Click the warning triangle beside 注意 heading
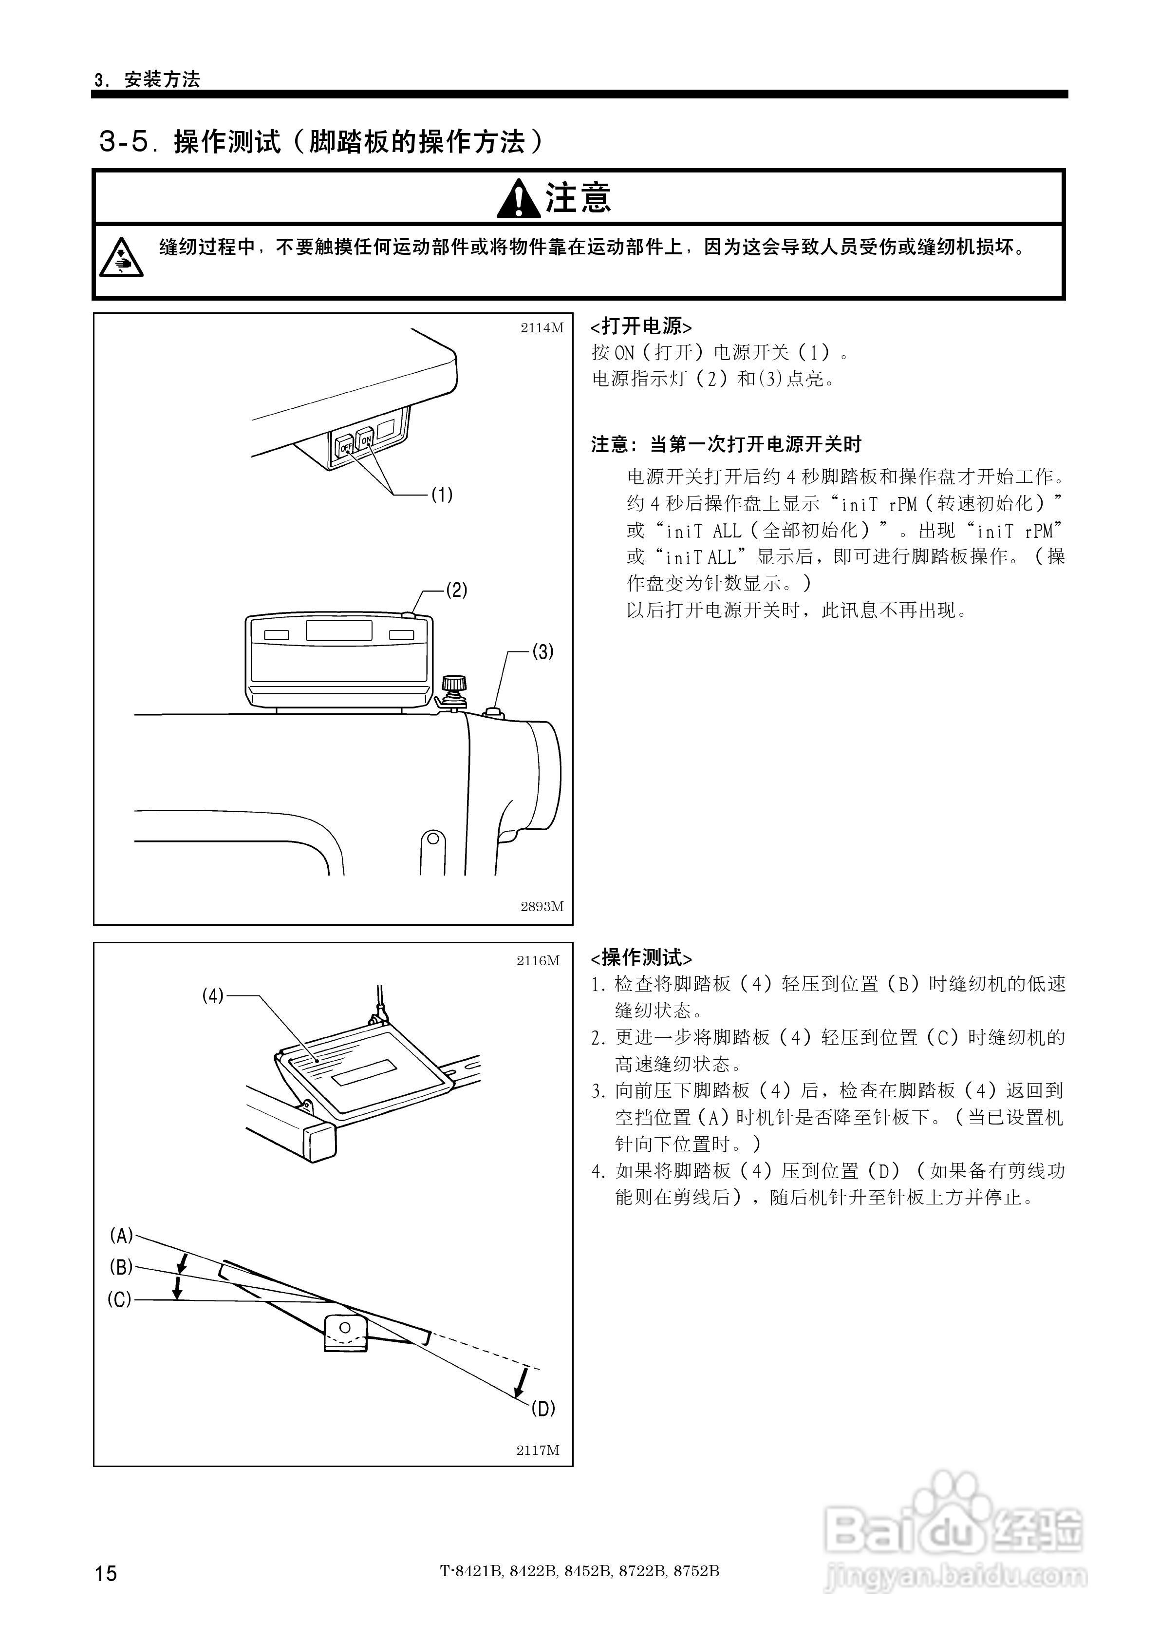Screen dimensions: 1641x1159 tap(519, 199)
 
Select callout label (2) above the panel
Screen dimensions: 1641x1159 tap(456, 591)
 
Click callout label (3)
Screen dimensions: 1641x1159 tap(542, 652)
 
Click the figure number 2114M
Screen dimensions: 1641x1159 tap(542, 328)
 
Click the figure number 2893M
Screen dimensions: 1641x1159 tap(542, 906)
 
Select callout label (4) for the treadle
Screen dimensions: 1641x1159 tap(212, 995)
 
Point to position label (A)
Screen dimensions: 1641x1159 tap(121, 1235)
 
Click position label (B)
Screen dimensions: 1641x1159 tap(121, 1267)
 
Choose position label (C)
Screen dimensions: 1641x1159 tap(119, 1299)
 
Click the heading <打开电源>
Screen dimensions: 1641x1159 tap(641, 326)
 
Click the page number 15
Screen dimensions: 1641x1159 tap(106, 1573)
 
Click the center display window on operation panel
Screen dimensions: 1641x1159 tap(339, 631)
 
